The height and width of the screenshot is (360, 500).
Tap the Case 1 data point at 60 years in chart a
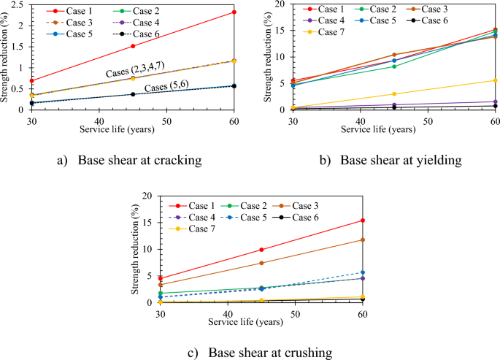click(234, 12)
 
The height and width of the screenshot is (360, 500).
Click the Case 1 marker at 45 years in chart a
click(132, 46)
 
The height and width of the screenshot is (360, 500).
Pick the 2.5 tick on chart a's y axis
click(16, 4)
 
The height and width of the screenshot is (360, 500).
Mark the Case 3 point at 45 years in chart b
click(394, 55)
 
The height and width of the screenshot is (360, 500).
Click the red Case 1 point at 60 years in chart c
click(363, 221)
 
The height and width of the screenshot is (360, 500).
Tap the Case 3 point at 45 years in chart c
click(261, 263)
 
